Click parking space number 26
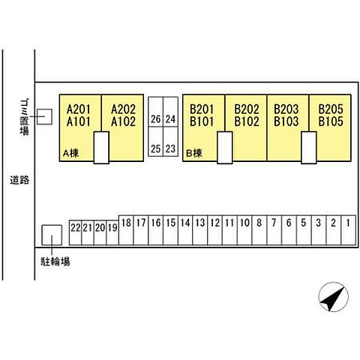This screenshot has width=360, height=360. point(156,112)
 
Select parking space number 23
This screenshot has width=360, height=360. point(170,142)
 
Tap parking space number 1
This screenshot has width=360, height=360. point(349,230)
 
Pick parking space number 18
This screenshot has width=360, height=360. point(126,230)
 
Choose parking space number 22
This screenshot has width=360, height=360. point(75,232)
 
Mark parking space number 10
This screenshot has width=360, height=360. point(244,230)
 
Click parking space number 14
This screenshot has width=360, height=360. point(185,230)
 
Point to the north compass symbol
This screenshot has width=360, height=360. point(333,297)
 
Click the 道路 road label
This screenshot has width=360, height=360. point(19,180)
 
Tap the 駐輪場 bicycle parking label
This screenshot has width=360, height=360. point(55,262)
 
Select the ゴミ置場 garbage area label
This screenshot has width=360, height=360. point(24,117)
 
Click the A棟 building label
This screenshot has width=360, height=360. point(71,153)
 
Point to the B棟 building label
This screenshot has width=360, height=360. point(194,153)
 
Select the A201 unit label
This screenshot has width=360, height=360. point(79,109)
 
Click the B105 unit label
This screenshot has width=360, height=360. point(331,121)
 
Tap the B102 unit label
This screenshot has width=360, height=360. point(247,121)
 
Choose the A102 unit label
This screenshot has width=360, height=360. point(123,121)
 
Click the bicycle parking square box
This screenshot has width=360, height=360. point(52,235)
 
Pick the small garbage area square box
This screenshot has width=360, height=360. point(44,116)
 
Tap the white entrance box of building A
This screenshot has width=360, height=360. point(101,148)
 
